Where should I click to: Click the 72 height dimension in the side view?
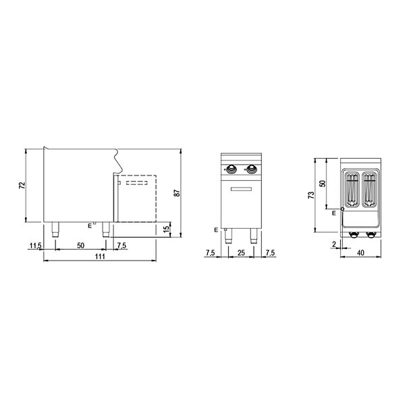click(x=22, y=185)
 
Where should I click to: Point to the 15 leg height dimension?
click(x=166, y=229)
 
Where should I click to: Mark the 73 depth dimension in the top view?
click(x=312, y=195)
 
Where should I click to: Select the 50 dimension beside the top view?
click(x=323, y=184)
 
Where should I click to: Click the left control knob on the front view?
click(x=233, y=169)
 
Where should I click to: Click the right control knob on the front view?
click(x=252, y=169)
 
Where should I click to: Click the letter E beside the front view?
click(x=215, y=230)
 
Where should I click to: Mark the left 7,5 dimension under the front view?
click(x=211, y=252)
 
